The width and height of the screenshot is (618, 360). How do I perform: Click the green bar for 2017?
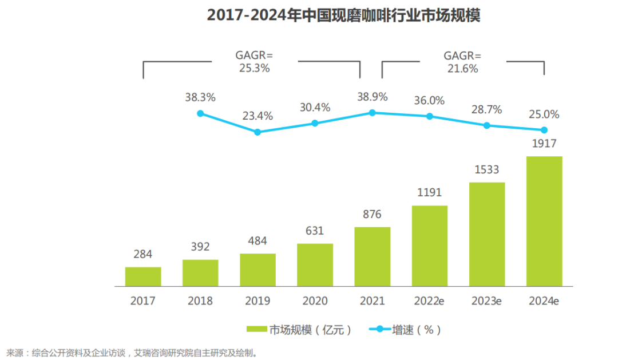pos(143,276)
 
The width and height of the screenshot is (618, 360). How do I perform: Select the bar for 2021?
pos(372,256)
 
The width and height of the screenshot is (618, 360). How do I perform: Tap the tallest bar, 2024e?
pos(544,221)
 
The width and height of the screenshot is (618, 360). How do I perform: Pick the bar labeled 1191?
pos(429,246)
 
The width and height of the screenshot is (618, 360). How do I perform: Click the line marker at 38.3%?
pos(200,113)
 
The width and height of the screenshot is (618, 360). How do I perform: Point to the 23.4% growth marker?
pos(257,132)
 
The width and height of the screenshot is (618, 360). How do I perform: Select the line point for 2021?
pos(372,113)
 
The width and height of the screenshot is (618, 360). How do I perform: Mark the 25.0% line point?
pos(544,130)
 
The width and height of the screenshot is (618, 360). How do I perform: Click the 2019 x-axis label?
pos(257,301)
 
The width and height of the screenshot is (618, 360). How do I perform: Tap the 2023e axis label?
pos(486,301)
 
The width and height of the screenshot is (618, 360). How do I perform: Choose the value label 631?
pos(315,231)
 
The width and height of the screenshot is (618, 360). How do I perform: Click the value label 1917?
pos(544,144)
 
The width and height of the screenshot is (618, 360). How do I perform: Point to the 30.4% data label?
pos(315,107)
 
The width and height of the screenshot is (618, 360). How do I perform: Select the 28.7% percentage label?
pos(486,109)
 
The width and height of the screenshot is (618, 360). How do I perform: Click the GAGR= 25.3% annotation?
pos(254,61)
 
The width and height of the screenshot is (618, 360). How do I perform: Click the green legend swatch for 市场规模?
pos(257,330)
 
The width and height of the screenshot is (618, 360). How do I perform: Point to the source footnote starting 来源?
pos(132,352)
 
